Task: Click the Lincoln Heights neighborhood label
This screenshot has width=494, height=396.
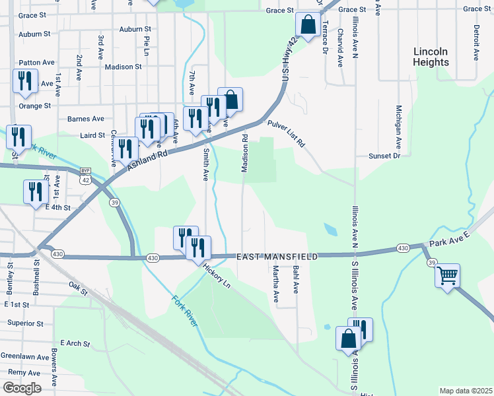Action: click(x=431, y=57)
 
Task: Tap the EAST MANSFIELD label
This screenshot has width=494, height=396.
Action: click(x=278, y=256)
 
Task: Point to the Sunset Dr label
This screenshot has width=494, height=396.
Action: click(x=384, y=156)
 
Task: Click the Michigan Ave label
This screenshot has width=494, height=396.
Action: click(x=399, y=125)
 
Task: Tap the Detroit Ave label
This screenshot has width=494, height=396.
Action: click(x=476, y=42)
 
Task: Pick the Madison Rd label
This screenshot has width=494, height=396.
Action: click(x=244, y=154)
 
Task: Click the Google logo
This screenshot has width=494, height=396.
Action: click(x=21, y=388)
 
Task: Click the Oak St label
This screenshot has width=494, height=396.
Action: click(x=78, y=285)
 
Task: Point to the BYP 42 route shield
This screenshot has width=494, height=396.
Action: click(x=85, y=175)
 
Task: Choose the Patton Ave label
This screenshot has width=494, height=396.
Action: click(x=37, y=62)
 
